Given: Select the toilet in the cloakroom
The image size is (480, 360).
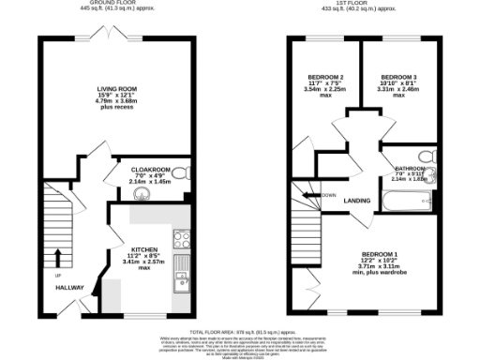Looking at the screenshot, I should [x=183, y=172].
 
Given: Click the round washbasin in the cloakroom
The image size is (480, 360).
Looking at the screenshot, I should [x=142, y=195].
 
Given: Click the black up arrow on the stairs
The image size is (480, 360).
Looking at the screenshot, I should [x=58, y=257].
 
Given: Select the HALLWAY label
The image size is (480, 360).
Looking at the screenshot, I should [x=69, y=288].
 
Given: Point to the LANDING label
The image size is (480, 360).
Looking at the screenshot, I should [x=357, y=200].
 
